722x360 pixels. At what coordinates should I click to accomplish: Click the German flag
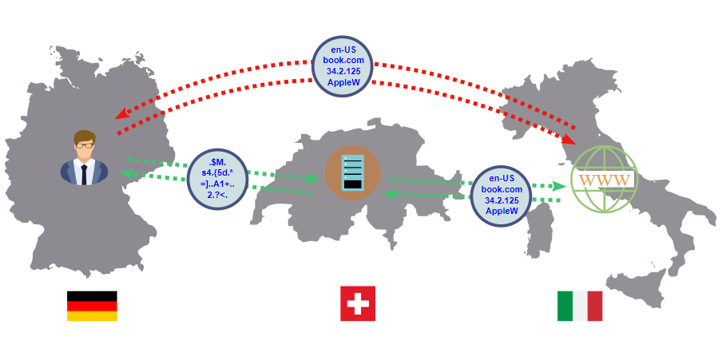coord(92,306)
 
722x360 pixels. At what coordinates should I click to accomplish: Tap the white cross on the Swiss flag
coord(358,303)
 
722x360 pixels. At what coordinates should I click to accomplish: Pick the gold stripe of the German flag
coord(92,316)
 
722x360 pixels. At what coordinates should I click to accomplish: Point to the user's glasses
coord(85,145)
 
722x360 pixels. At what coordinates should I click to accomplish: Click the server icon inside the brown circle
coord(353,172)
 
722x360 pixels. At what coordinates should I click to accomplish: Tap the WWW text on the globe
coord(604,180)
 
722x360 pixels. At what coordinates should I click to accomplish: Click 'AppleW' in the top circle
coord(343,82)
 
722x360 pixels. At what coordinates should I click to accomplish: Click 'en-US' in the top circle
coord(343,49)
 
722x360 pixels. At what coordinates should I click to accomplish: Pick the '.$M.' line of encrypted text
coord(217,162)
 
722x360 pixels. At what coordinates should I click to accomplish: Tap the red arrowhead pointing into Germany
coord(122,113)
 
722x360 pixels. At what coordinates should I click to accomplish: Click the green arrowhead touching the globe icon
coord(559,186)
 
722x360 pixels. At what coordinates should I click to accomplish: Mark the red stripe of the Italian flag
coord(595,306)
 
